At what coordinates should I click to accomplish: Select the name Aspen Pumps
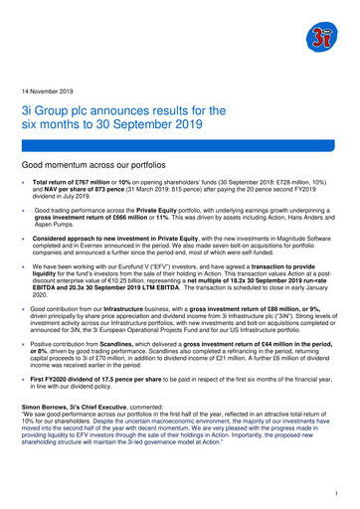click(x=52, y=224)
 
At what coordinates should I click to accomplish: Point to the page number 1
click(x=338, y=493)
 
